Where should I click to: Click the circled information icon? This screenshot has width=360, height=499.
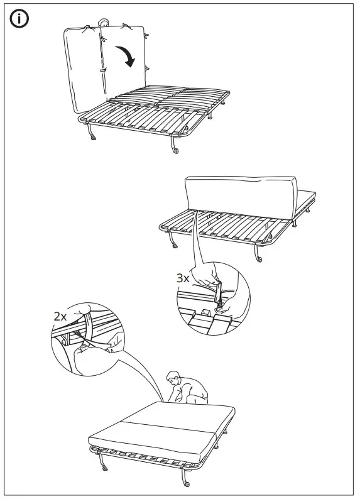[x=20, y=19]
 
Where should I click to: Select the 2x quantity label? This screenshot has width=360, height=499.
[x=60, y=317]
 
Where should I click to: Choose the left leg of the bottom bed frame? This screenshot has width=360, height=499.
[x=102, y=466]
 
